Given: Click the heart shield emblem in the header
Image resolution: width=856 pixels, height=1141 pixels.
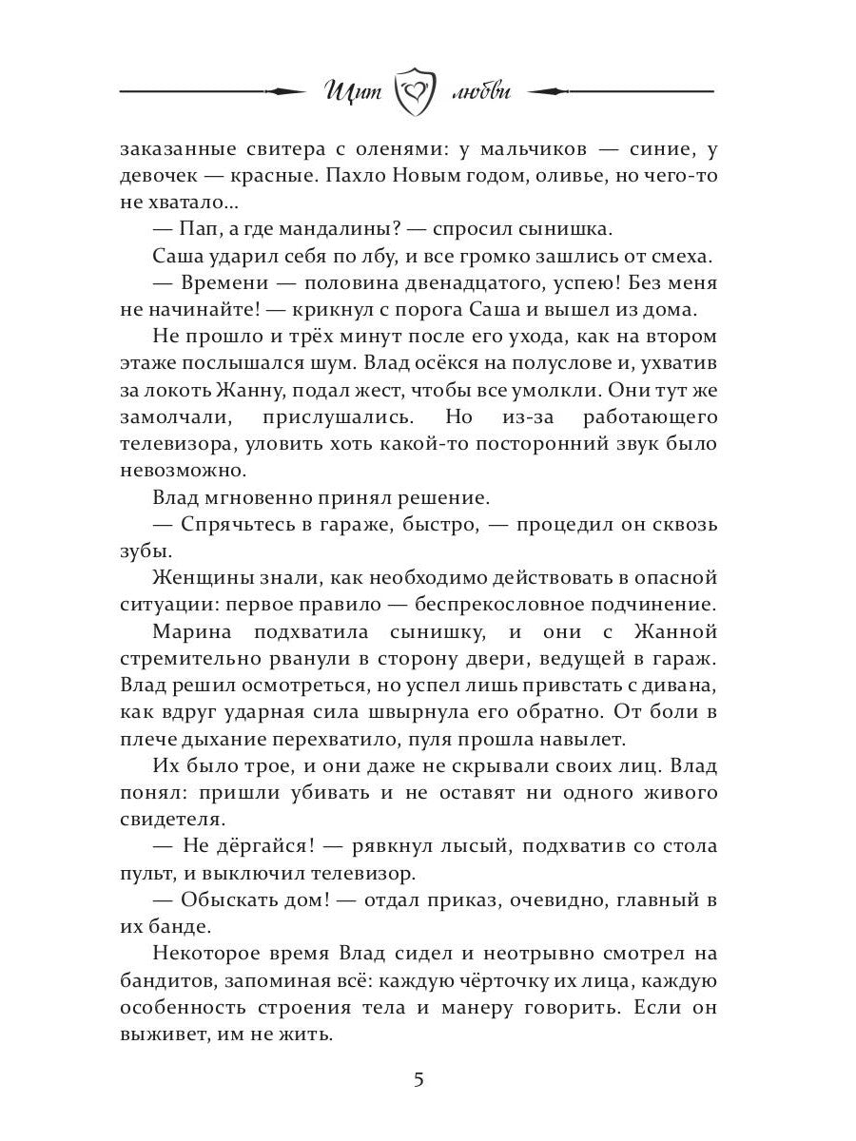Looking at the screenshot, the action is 417,93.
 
